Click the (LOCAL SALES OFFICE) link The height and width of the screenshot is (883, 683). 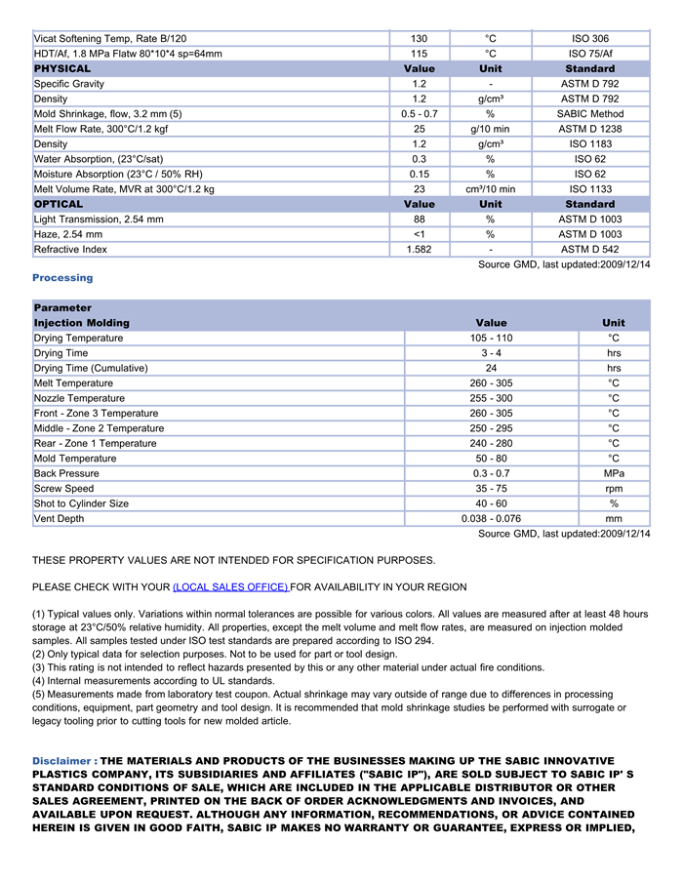tap(230, 587)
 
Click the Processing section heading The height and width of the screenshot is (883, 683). tap(62, 278)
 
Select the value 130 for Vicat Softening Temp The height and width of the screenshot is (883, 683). tap(419, 39)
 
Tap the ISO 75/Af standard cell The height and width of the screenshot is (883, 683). tap(590, 54)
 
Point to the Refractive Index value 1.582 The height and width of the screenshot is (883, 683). tap(419, 250)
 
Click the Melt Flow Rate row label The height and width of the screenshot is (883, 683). tap(100, 129)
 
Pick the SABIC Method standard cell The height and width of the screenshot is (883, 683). tap(590, 114)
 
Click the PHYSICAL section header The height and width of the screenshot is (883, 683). tap(62, 69)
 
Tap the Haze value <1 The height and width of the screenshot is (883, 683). tap(419, 235)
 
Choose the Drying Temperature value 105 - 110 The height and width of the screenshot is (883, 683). tap(491, 339)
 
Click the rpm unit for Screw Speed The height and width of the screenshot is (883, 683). tap(614, 489)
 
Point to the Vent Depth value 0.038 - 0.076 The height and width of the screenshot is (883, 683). tap(491, 519)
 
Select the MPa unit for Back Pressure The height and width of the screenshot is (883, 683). tap(614, 474)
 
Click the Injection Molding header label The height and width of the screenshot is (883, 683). tap(82, 323)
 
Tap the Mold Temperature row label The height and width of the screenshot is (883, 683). tap(75, 459)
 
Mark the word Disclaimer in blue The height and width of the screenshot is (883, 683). tap(61, 761)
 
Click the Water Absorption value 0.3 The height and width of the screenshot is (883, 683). tap(419, 159)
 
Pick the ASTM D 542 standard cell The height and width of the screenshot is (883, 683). tap(590, 250)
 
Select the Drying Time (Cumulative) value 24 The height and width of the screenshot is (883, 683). tap(491, 369)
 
